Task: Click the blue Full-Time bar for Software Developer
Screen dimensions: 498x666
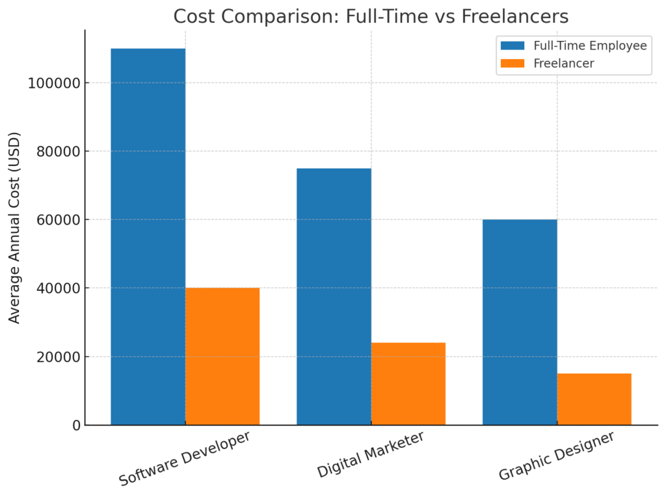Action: click(x=148, y=237)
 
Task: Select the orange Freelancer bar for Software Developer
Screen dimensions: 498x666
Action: click(x=222, y=356)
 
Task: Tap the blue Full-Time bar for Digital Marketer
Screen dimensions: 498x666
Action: click(x=334, y=297)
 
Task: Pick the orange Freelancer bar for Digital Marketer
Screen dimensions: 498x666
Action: click(x=408, y=383)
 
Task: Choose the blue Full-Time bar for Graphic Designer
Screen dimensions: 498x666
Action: click(x=520, y=322)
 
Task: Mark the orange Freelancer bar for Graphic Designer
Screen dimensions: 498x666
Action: click(x=594, y=399)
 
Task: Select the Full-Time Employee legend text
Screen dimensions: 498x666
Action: click(x=590, y=46)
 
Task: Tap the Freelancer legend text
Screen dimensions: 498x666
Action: click(x=564, y=64)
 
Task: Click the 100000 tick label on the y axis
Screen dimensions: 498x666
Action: click(x=54, y=83)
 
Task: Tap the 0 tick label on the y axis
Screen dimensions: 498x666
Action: click(x=75, y=426)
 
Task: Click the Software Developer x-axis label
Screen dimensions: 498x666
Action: click(x=185, y=458)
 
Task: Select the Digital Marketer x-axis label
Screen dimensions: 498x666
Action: click(x=371, y=454)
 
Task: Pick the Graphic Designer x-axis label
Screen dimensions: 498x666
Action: click(x=556, y=456)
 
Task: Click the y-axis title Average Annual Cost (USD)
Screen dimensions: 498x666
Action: click(x=14, y=227)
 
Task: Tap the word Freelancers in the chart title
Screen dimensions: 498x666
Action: click(x=515, y=16)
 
